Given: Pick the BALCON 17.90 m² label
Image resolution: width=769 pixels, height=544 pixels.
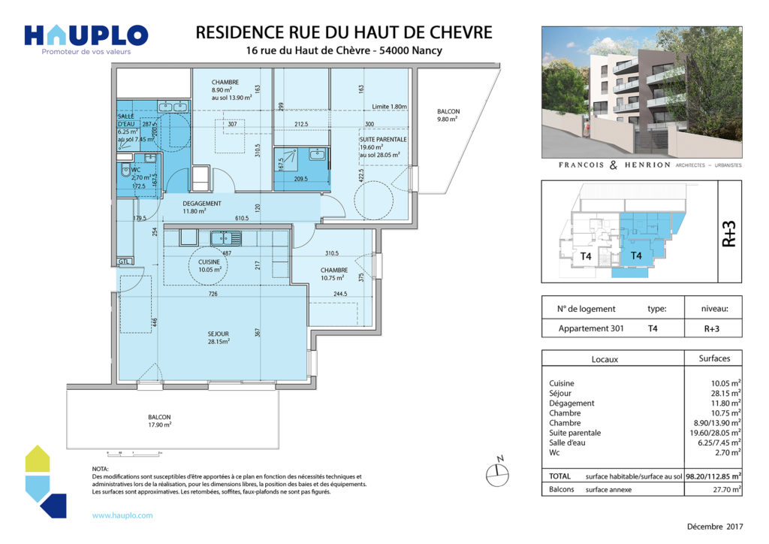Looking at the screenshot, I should click(159, 421).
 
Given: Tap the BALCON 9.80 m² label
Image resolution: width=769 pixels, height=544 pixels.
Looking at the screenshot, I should click(448, 115).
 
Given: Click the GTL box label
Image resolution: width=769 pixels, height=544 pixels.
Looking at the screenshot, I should click(124, 261).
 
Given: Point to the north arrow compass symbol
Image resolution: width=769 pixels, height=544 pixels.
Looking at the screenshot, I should click(496, 470).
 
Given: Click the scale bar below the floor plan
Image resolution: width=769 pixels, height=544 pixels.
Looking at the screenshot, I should click(136, 453).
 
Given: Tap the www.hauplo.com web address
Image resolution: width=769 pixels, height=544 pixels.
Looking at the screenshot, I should click(122, 515).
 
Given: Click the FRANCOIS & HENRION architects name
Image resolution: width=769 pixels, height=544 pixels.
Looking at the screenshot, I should click(605, 165).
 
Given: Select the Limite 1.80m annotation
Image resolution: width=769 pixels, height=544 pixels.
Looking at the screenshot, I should click(388, 107).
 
